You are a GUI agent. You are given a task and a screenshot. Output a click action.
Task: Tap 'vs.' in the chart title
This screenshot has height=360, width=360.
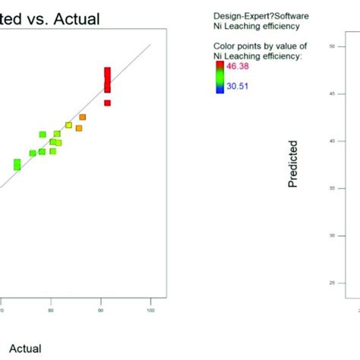(42, 15)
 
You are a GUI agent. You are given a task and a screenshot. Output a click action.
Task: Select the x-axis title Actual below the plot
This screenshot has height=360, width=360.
(25, 349)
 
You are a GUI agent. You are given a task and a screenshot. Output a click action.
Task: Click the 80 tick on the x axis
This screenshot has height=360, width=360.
(51, 310)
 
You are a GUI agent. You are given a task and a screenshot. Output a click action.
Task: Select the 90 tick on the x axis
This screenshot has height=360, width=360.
(100, 310)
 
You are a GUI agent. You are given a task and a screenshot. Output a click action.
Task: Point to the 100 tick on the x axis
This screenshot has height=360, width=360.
(150, 310)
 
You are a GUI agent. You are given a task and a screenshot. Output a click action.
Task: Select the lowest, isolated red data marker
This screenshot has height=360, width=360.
(107, 103)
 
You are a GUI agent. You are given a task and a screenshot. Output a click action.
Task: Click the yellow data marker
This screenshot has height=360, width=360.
(68, 125)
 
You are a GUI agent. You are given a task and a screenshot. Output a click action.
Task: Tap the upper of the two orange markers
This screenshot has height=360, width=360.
(82, 117)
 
